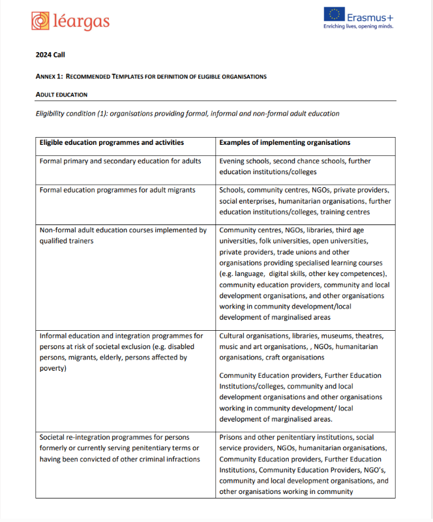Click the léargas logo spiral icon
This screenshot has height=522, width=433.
pyautogui.click(x=40, y=21)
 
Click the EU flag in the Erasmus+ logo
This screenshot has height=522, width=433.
pyautogui.click(x=336, y=15)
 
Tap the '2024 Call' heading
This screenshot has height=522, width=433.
pyautogui.click(x=50, y=55)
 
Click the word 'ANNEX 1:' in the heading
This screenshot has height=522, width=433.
pyautogui.click(x=50, y=76)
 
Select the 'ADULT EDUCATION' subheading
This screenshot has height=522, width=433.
pyautogui.click(x=61, y=95)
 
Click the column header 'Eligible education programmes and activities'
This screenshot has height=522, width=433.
pyautogui.click(x=112, y=142)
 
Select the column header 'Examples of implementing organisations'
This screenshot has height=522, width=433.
pyautogui.click(x=284, y=142)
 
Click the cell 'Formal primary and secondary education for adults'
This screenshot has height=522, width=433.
pyautogui.click(x=120, y=161)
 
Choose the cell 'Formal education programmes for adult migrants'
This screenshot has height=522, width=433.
pyautogui.click(x=117, y=190)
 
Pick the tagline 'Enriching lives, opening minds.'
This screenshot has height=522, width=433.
pyautogui.click(x=358, y=27)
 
